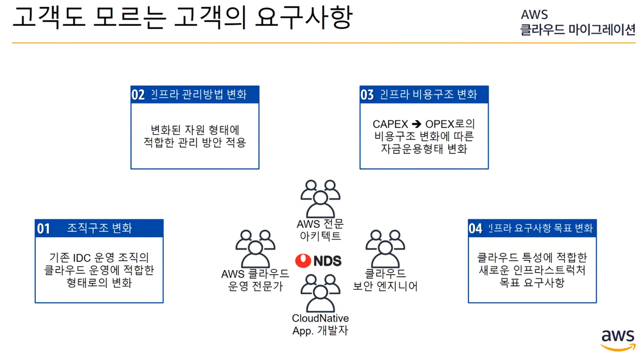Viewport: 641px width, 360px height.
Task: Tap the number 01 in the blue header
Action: tap(44, 228)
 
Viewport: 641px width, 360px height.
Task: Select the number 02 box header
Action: tap(138, 95)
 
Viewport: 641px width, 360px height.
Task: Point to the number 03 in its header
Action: tap(367, 95)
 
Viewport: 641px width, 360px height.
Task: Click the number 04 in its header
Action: tap(475, 228)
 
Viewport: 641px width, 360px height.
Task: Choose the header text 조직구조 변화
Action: tap(99, 228)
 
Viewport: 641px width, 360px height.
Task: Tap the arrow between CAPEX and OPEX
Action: tap(416, 124)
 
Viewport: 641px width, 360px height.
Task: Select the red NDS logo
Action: tap(318, 261)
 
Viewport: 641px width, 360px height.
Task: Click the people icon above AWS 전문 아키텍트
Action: tap(320, 199)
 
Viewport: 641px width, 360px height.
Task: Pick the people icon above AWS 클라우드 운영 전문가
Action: tap(255, 248)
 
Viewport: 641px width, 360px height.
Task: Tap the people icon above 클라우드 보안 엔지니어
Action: tap(385, 248)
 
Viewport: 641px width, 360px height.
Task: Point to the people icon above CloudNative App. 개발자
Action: tap(320, 293)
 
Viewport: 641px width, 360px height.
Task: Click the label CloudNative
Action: tap(320, 319)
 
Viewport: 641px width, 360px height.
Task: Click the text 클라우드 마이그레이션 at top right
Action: tap(578, 30)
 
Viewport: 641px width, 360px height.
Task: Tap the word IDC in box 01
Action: tap(82, 258)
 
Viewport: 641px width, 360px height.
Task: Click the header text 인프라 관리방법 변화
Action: tap(199, 95)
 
